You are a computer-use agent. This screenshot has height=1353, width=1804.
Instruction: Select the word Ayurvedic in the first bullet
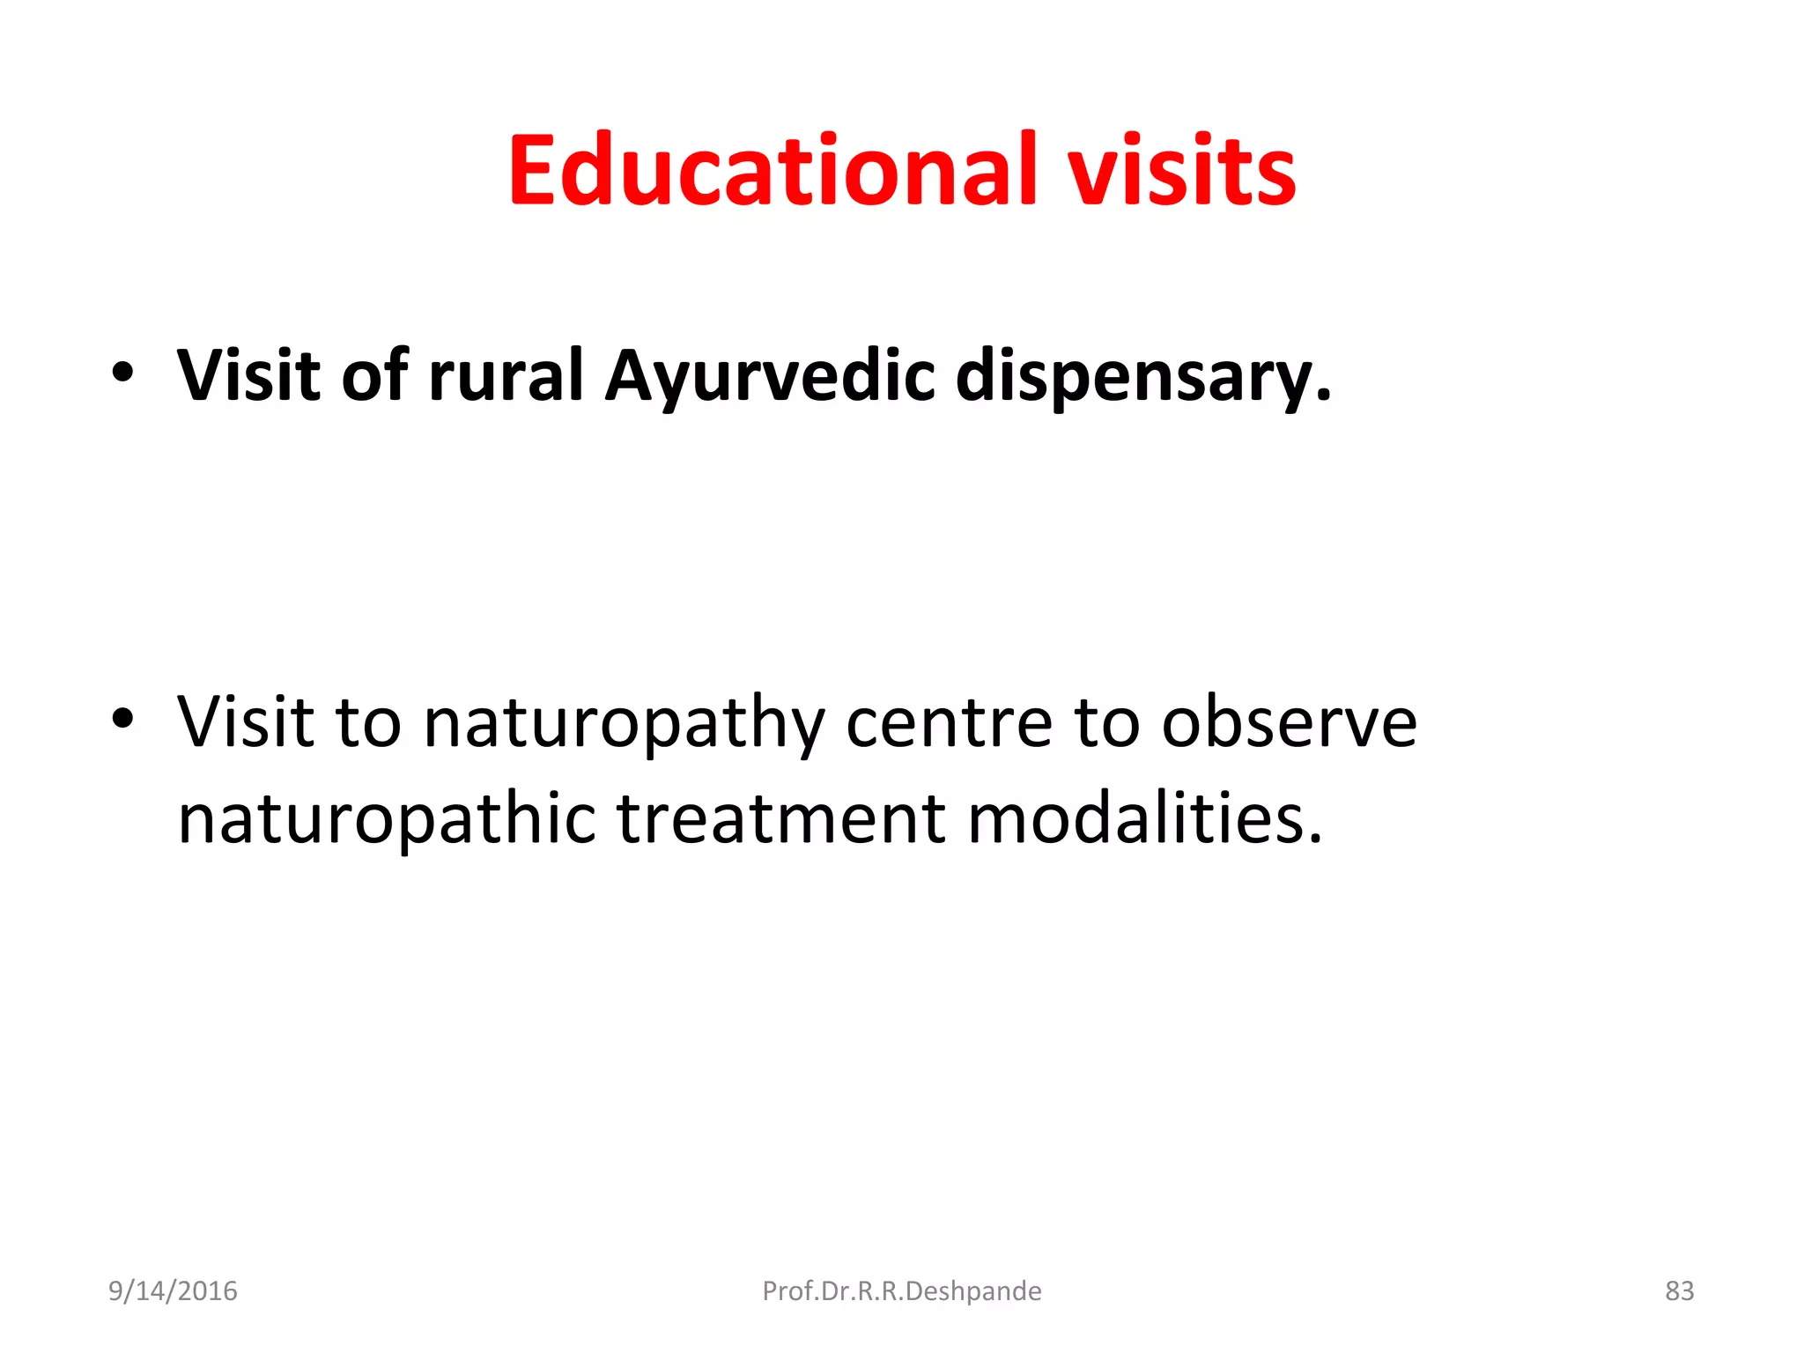point(770,376)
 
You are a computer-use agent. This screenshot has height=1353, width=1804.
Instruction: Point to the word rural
point(506,376)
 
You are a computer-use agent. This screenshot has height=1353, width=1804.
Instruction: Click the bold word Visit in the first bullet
point(248,376)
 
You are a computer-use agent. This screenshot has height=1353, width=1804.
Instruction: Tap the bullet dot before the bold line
point(122,373)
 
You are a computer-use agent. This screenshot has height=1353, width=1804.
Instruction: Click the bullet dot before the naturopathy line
point(122,719)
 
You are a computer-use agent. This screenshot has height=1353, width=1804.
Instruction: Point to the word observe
point(1289,722)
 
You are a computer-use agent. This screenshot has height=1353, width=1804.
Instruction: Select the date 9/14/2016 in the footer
point(173,1291)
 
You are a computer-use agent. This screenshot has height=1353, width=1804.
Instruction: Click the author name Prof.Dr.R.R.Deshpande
point(901,1291)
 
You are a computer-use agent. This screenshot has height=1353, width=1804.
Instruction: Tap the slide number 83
point(1679,1291)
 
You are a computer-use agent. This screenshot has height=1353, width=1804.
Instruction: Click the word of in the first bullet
point(374,376)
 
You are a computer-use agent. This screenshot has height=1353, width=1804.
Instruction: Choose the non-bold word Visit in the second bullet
point(246,722)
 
